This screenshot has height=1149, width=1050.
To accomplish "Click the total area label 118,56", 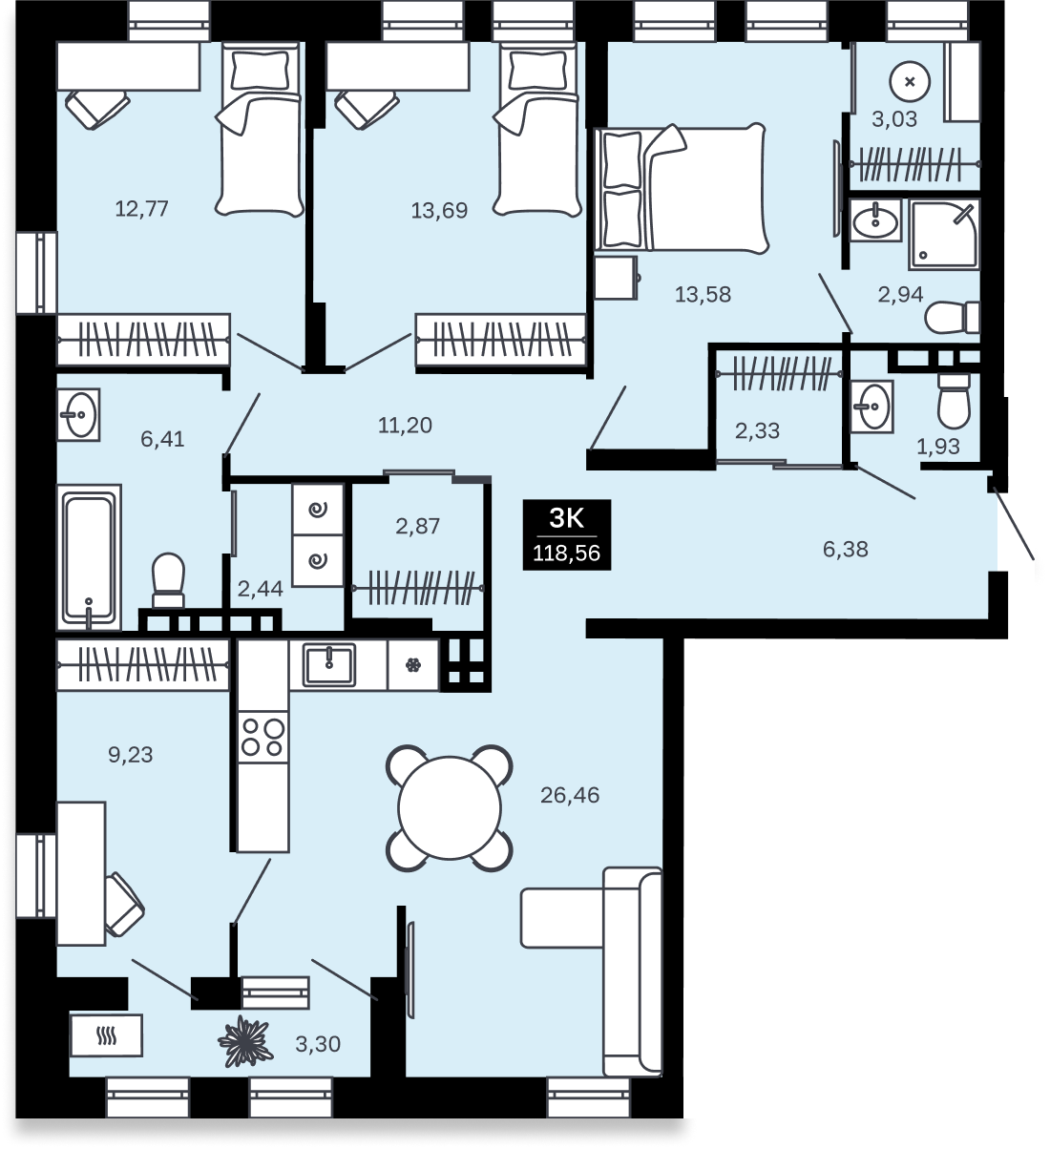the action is [x=566, y=553].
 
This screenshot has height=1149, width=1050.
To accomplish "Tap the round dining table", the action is [x=450, y=807].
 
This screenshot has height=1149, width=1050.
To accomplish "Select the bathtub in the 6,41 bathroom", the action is [x=89, y=557].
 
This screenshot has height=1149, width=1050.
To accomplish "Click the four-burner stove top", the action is [x=263, y=737].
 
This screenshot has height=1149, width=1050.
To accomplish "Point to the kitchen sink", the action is [x=329, y=664].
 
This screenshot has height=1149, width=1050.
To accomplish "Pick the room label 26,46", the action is [x=570, y=795].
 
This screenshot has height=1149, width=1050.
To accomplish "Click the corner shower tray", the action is [x=943, y=234].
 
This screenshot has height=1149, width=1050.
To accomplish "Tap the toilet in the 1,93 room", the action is [x=954, y=401].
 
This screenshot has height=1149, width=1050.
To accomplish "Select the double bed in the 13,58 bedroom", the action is [x=681, y=188].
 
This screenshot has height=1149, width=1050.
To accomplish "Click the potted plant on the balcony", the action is [x=243, y=1042].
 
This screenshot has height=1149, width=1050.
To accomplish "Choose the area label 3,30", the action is [x=318, y=1044].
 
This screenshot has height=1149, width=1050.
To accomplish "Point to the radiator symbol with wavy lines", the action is [x=106, y=1035].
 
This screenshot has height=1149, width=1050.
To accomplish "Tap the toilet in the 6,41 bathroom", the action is [x=169, y=580].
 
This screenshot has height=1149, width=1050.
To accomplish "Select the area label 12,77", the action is [x=141, y=208].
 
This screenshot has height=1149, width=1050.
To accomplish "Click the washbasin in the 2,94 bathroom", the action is [x=875, y=219].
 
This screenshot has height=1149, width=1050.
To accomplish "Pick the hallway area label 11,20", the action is [x=405, y=425].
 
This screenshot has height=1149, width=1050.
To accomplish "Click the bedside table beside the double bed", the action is [x=616, y=277].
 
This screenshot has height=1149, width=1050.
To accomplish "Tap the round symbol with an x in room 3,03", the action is [x=910, y=82].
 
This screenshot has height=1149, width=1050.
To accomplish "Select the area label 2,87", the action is [x=417, y=526].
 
